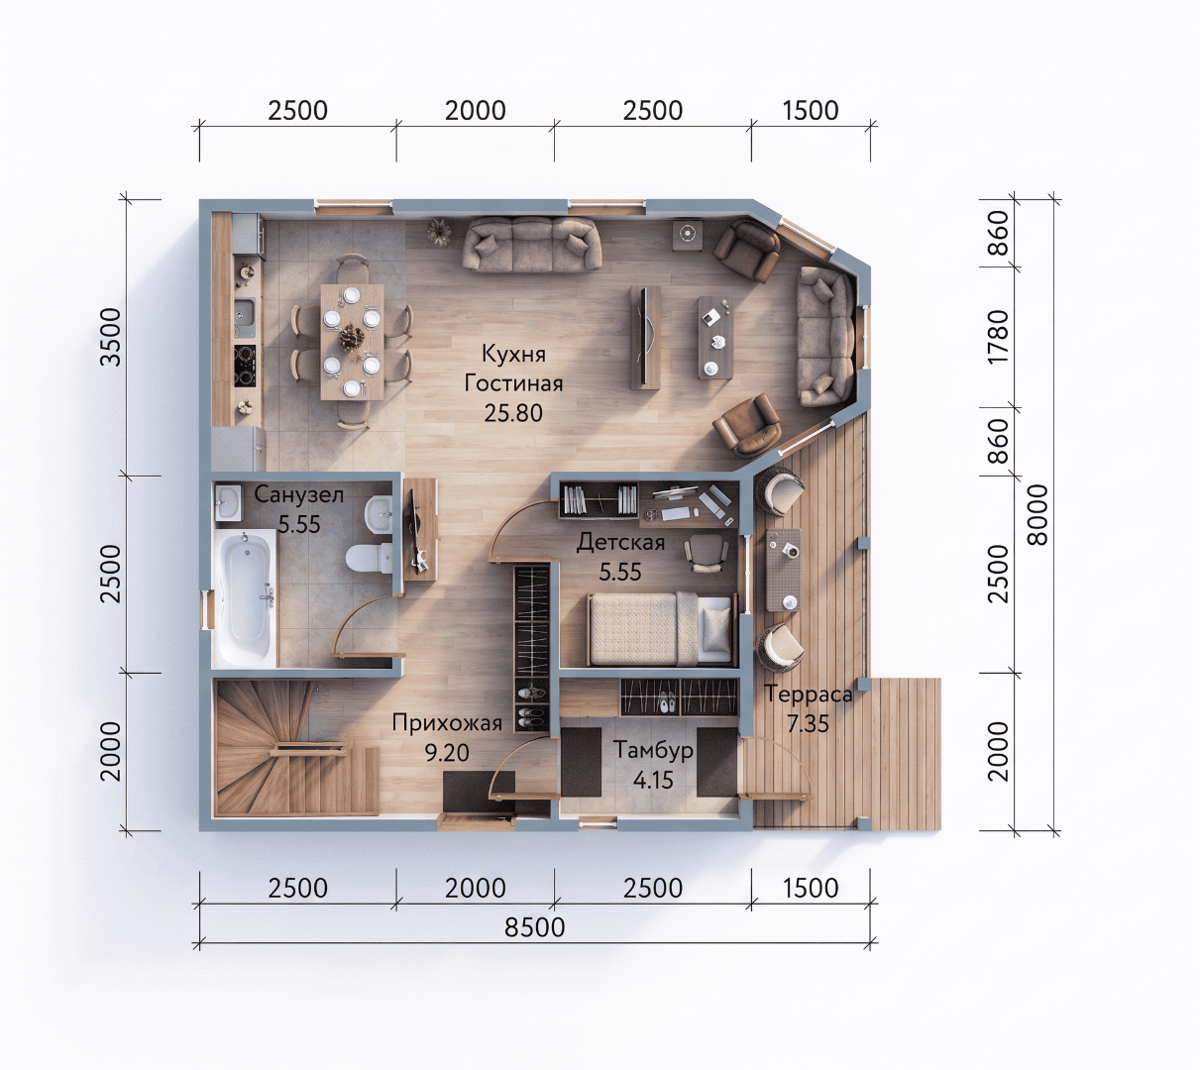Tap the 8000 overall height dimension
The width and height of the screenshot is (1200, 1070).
1037,514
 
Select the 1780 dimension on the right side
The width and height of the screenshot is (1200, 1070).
998,336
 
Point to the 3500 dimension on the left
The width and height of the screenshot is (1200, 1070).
110,336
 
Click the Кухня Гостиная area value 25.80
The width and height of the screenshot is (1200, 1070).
513,413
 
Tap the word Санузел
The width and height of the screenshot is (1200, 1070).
299,494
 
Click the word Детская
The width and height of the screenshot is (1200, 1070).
620,542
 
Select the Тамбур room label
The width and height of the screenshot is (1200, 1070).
653,750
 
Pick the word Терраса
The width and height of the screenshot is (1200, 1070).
808,694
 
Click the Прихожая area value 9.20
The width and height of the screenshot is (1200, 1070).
447,753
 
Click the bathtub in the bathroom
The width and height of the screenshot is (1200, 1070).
246,597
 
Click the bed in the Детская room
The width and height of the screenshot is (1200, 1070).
660,629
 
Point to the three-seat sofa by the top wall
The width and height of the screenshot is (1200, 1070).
531,244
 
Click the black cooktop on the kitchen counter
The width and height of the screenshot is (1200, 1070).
245,366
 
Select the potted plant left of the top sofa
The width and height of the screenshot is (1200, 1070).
439,232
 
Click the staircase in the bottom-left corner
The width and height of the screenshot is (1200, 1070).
297,748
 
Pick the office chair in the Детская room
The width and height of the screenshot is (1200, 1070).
706,553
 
